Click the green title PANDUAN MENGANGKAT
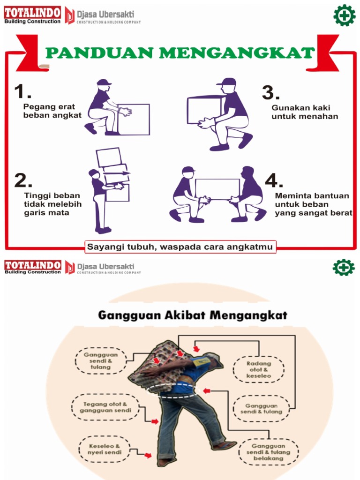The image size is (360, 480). click(x=180, y=53)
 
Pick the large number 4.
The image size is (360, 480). click(x=274, y=181)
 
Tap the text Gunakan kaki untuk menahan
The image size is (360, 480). click(x=304, y=112)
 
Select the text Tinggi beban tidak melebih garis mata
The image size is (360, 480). click(x=52, y=204)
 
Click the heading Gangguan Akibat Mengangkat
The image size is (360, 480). click(x=192, y=315)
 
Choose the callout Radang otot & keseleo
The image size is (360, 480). click(x=259, y=369)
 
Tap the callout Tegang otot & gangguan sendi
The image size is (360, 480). click(x=105, y=406)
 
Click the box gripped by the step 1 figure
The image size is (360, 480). click(x=134, y=119)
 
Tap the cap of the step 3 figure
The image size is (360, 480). click(x=226, y=82)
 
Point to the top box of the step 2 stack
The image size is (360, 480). click(x=109, y=157)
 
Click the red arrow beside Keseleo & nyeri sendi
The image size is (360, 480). click(x=148, y=455)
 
